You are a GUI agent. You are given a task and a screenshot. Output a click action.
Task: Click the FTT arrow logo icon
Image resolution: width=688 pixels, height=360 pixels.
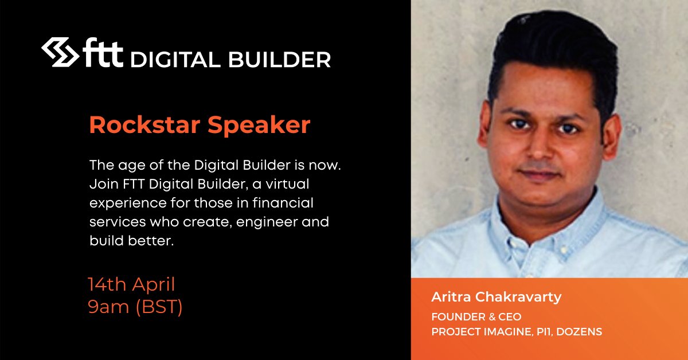pyautogui.click(x=61, y=53)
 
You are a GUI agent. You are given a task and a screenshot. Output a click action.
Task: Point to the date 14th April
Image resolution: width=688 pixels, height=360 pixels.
pyautogui.click(x=131, y=284)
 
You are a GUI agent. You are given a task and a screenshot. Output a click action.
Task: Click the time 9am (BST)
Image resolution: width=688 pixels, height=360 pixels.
pyautogui.click(x=135, y=308)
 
